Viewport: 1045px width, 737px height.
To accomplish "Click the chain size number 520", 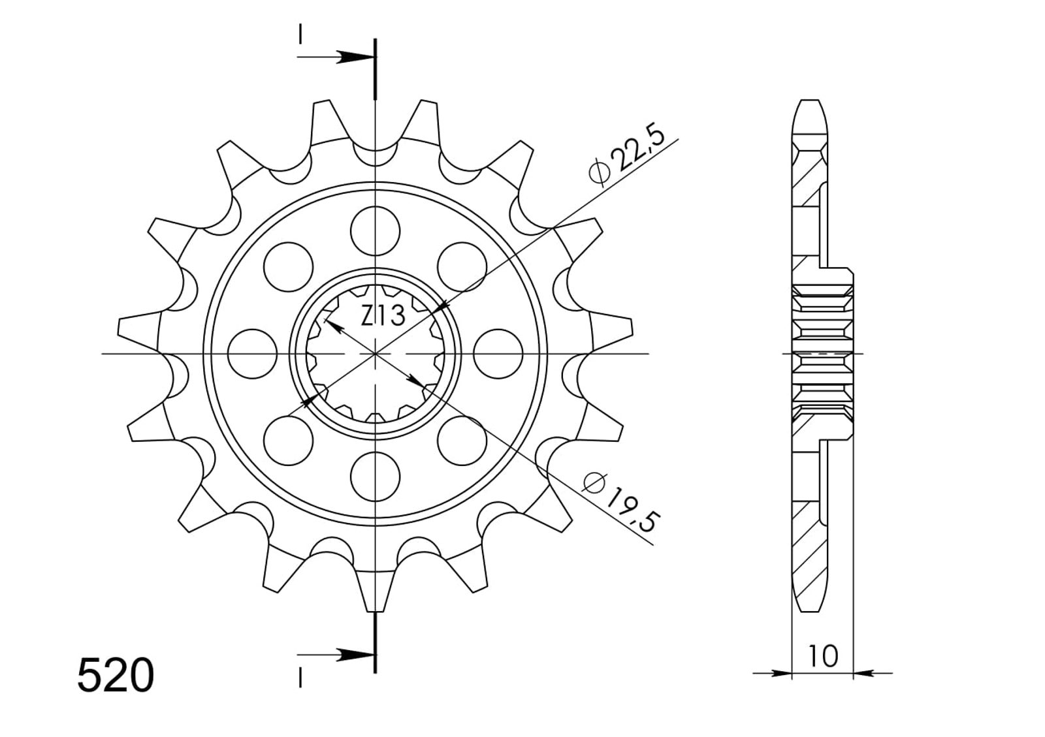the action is [x=116, y=676].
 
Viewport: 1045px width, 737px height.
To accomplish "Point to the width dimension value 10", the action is [x=823, y=656].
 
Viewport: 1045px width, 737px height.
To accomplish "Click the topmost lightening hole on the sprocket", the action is [x=375, y=231].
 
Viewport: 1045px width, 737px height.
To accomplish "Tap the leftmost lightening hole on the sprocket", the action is [x=252, y=354].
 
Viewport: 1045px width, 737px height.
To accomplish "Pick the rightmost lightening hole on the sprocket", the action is [x=498, y=354].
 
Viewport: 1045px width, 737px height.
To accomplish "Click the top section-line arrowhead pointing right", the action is [x=355, y=57].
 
